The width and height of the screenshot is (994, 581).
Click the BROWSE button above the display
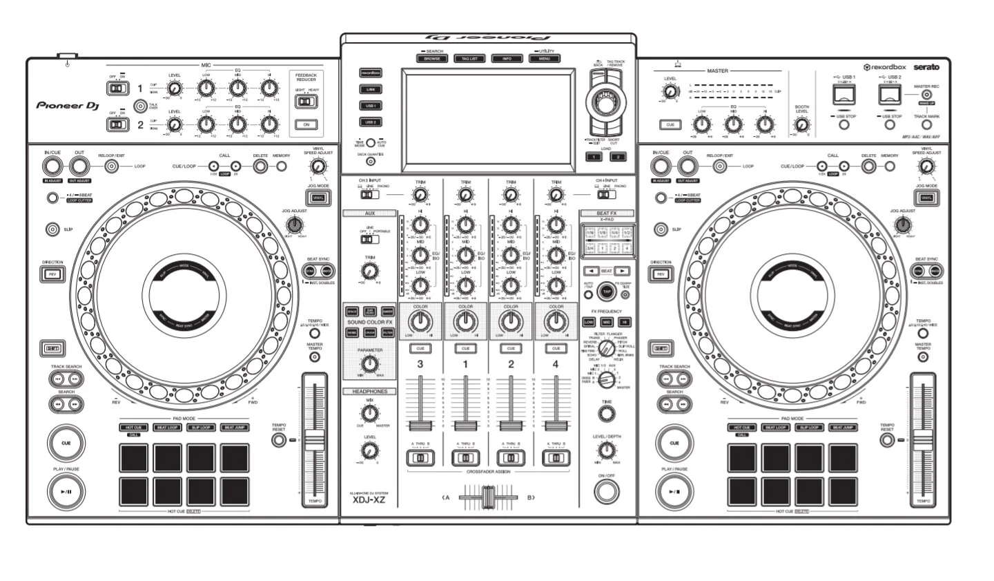[432, 59]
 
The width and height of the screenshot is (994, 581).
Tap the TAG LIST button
[469, 59]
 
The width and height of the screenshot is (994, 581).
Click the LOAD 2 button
[618, 157]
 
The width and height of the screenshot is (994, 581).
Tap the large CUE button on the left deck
[66, 443]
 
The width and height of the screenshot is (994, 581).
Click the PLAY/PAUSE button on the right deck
[674, 491]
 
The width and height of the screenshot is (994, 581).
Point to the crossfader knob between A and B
[489, 497]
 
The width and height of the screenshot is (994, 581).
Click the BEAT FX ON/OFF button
[606, 492]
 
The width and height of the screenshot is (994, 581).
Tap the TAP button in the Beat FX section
[606, 292]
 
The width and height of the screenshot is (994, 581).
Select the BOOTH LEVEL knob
[801, 125]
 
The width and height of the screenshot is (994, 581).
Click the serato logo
[926, 67]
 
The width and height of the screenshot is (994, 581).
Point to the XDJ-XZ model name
[369, 500]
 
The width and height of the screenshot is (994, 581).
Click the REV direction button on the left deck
[52, 274]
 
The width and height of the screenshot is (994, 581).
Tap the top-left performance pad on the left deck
[134, 457]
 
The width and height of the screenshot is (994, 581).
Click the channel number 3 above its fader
[420, 364]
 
